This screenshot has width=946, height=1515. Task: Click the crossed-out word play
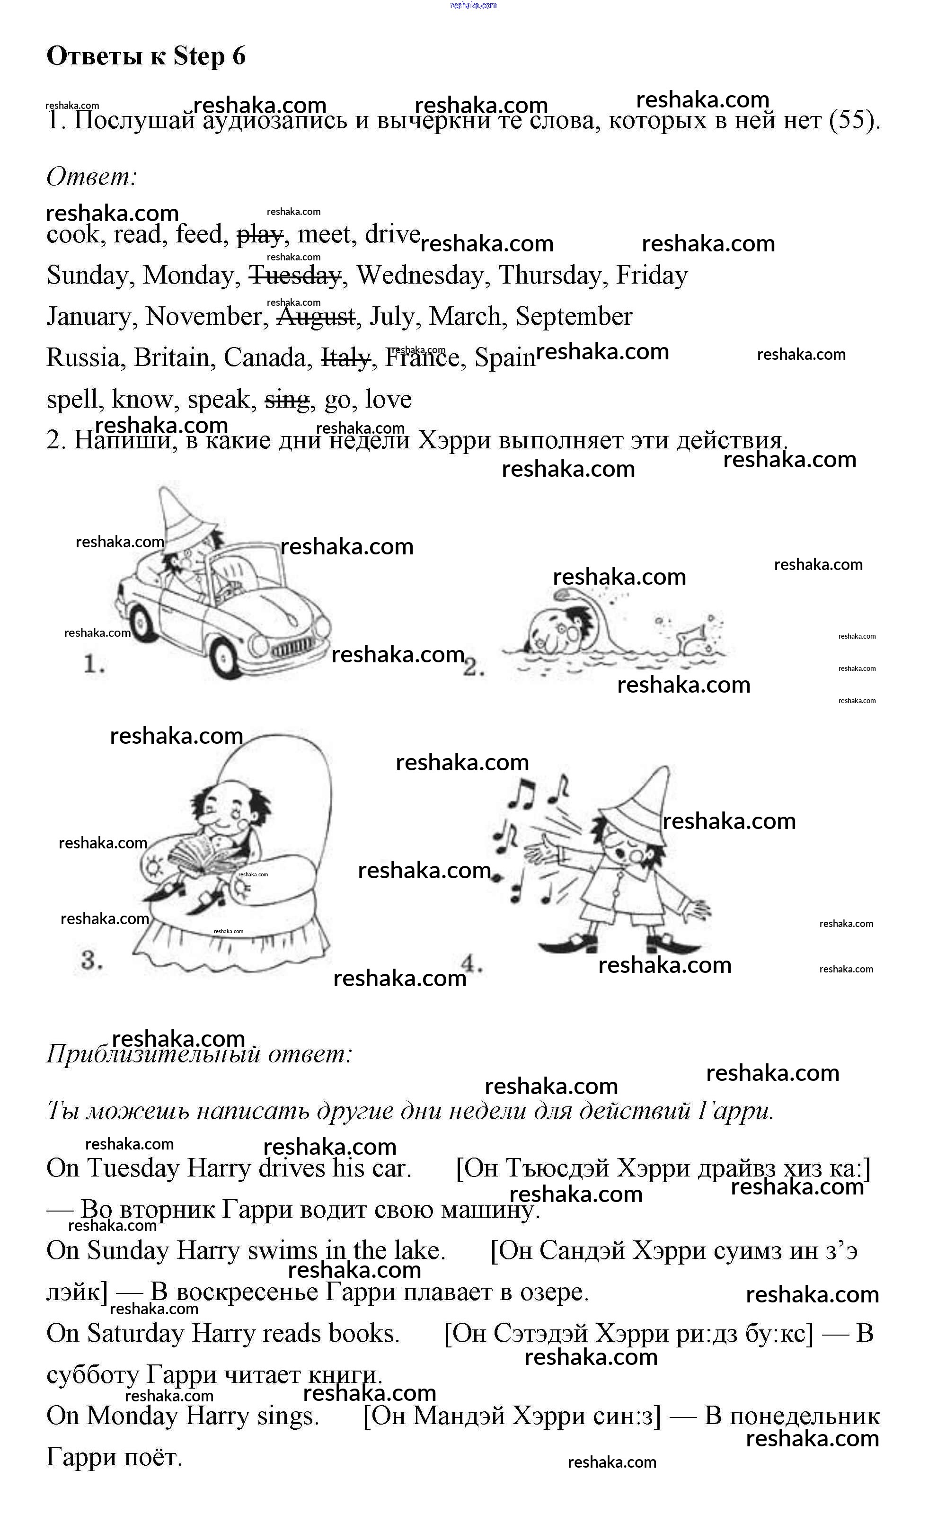click(260, 235)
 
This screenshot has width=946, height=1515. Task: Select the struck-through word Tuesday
click(295, 276)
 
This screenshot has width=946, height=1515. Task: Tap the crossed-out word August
click(316, 317)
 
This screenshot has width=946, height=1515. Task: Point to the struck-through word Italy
click(345, 358)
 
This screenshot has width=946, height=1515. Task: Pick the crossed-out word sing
click(287, 400)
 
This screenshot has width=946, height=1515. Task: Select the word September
click(574, 317)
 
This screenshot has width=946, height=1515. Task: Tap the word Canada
click(268, 358)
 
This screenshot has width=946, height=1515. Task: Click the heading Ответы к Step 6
click(146, 56)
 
